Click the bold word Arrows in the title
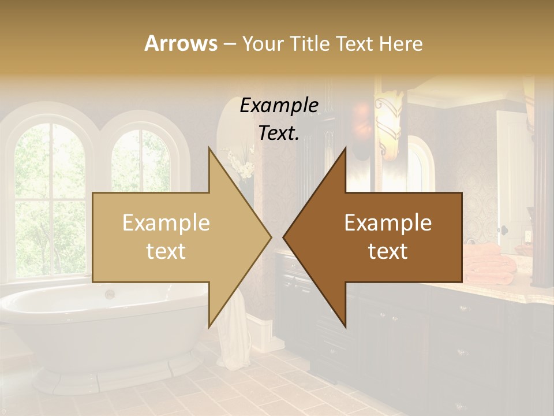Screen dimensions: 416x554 point(181,43)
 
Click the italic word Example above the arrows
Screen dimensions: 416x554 point(279,105)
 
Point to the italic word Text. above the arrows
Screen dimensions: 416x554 point(279,133)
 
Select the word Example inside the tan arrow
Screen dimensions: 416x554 point(166,222)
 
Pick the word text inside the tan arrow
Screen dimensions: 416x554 point(166,251)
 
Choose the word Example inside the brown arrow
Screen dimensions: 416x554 point(388,222)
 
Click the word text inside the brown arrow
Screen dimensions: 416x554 point(388,251)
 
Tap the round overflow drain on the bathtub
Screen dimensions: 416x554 point(109,294)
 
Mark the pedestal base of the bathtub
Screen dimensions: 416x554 point(115,376)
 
